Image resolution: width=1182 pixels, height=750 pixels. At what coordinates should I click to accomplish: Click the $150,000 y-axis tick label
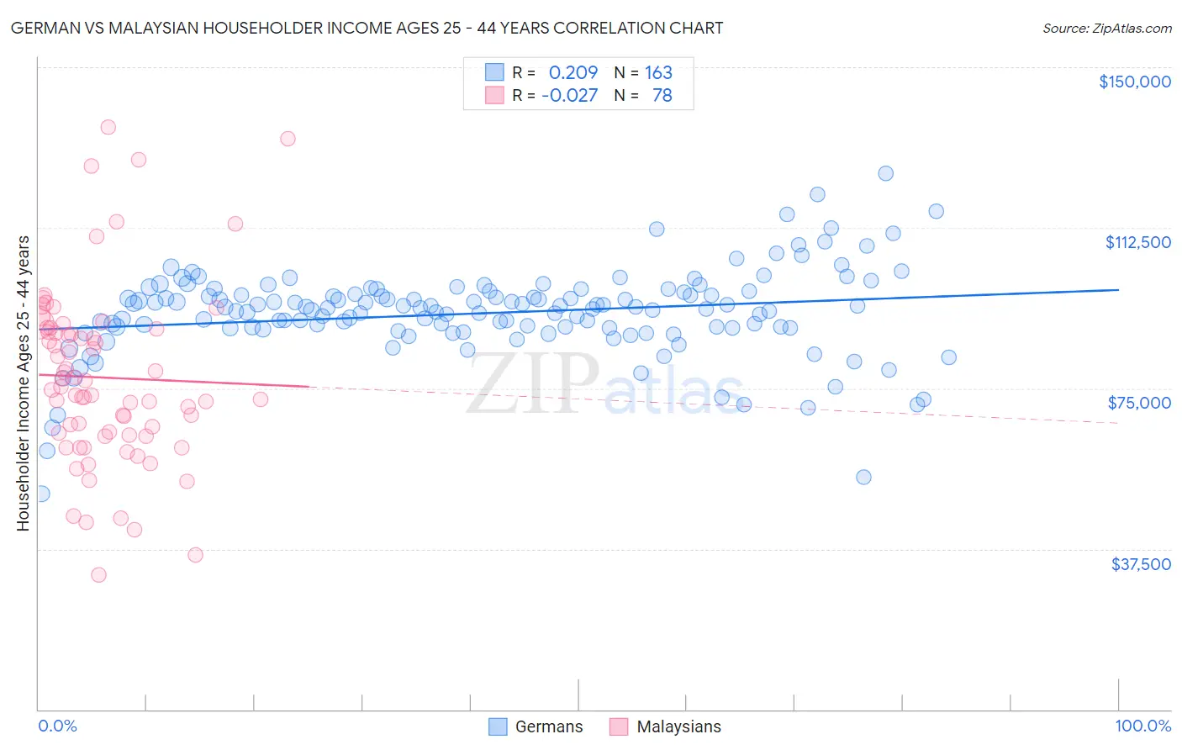[x=1134, y=82]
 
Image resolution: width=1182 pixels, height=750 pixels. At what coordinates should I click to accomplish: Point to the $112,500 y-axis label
[x=1137, y=242]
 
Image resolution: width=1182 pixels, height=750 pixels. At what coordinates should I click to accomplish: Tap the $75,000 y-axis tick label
[x=1139, y=403]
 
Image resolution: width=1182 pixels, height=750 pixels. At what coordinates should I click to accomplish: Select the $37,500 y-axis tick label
[x=1141, y=564]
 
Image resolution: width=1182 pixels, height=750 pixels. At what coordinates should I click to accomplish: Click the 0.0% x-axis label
[x=57, y=726]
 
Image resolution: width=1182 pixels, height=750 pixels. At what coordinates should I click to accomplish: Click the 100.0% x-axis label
[x=1142, y=726]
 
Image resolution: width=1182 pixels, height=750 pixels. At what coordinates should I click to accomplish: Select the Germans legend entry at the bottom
[x=536, y=727]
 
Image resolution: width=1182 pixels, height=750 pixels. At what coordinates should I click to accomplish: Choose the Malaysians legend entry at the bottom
[x=665, y=727]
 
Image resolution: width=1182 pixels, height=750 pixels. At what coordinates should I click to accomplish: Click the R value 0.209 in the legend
[x=573, y=73]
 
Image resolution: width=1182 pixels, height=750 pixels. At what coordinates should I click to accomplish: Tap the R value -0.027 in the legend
[x=569, y=96]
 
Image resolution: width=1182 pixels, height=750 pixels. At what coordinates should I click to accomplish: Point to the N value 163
[x=658, y=73]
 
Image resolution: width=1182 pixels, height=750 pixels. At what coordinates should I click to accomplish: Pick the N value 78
[x=662, y=96]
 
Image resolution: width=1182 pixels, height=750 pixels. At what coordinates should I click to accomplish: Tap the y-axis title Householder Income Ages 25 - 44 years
[x=24, y=383]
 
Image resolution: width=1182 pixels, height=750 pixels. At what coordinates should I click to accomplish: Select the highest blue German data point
[x=885, y=173]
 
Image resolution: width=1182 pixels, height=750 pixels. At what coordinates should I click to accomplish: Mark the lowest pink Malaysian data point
[x=98, y=575]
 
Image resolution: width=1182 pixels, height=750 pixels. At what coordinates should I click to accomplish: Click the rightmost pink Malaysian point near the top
[x=288, y=139]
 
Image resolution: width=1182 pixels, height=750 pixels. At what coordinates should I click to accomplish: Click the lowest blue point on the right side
[x=863, y=478]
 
